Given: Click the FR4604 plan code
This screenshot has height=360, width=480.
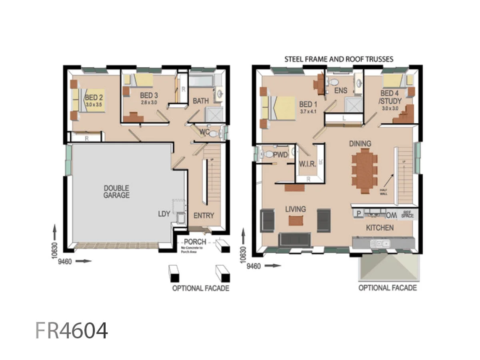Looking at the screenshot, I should coord(72,330).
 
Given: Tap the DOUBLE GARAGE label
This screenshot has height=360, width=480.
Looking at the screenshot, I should coord(116,192).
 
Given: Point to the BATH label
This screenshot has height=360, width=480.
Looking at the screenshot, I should coord(201,101).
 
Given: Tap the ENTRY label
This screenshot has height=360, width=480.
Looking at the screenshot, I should coord(204,215).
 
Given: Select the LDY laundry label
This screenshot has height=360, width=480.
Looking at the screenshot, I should coord(164,214).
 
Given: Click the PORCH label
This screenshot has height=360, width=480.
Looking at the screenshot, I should coord(195,242).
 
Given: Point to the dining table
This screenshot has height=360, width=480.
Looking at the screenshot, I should coord(364,171).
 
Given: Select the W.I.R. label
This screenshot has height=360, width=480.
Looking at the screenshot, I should coord(308,164).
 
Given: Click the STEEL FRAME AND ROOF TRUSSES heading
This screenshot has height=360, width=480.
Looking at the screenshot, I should coord(339,59).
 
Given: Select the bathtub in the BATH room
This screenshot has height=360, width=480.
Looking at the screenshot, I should coord(201,82).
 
